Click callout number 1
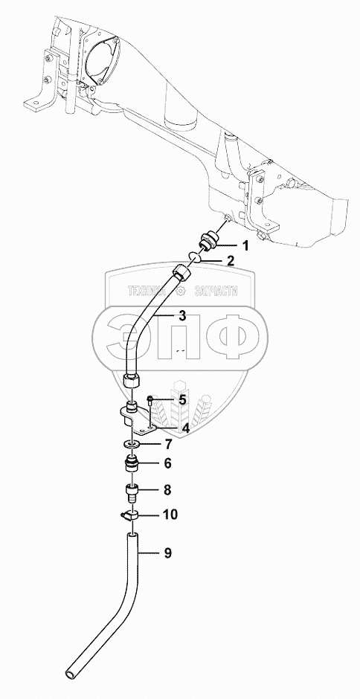pyautogui.click(x=245, y=245)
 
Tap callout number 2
pyautogui.click(x=230, y=260)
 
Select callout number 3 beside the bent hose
pyautogui.click(x=182, y=316)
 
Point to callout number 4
pyautogui.click(x=184, y=428)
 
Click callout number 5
pyautogui.click(x=182, y=399)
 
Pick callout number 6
pyautogui.click(x=167, y=463)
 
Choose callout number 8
pyautogui.click(x=167, y=490)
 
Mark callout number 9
pyautogui.click(x=168, y=553)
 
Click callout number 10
pyautogui.click(x=170, y=515)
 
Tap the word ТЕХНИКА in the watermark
pyautogui.click(x=148, y=291)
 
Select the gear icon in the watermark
pyautogui.click(x=180, y=291)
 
